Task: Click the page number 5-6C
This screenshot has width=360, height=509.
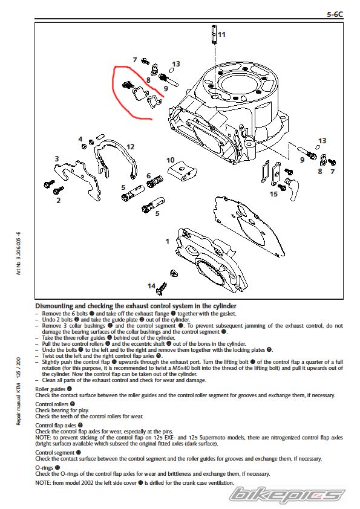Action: click(x=335, y=15)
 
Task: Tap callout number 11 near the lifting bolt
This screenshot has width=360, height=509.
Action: click(x=221, y=34)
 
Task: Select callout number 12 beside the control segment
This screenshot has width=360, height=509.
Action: click(x=130, y=147)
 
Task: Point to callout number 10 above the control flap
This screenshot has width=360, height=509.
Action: click(x=170, y=160)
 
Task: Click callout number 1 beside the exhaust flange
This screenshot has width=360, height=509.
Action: click(x=168, y=241)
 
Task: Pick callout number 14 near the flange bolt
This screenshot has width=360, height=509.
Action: click(x=151, y=286)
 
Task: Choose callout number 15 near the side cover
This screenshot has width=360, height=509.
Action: click(x=273, y=194)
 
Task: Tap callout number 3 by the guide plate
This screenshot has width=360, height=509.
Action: click(x=57, y=158)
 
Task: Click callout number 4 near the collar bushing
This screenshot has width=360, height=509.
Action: click(x=80, y=139)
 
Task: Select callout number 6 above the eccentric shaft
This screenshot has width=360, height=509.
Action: click(x=148, y=176)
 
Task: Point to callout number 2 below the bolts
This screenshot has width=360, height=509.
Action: click(x=59, y=200)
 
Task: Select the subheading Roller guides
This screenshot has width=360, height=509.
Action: click(x=50, y=389)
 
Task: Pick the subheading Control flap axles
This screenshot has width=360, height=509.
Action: click(x=56, y=425)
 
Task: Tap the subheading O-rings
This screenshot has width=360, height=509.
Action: click(x=44, y=468)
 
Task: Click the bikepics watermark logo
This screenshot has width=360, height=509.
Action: click(x=286, y=495)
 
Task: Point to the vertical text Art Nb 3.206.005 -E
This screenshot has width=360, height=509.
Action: click(x=19, y=253)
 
